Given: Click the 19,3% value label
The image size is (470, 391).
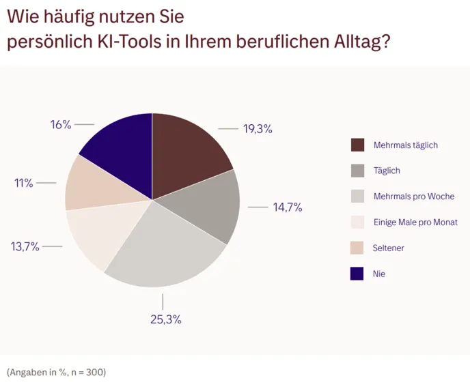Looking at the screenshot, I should point(258,128).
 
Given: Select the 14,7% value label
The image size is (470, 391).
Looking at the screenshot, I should point(288,207).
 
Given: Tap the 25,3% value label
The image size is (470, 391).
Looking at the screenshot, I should point(166,319).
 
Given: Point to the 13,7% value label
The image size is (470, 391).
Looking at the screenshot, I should point(25,246).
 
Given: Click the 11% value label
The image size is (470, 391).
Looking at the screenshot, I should point(24,183).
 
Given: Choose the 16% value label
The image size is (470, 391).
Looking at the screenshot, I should point(61,124).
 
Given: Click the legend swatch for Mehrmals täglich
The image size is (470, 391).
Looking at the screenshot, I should point(357,145).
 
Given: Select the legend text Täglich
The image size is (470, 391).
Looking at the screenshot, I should point(387,171).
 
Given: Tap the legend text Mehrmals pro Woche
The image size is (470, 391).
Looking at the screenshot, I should point(414,197).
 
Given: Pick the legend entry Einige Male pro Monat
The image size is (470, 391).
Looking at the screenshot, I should point(415,222).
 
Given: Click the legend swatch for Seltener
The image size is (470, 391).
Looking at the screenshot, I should point(357,248).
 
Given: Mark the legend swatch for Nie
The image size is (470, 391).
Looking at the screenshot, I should point(357,274).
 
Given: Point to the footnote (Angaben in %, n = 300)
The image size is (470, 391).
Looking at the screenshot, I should point(57,372).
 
